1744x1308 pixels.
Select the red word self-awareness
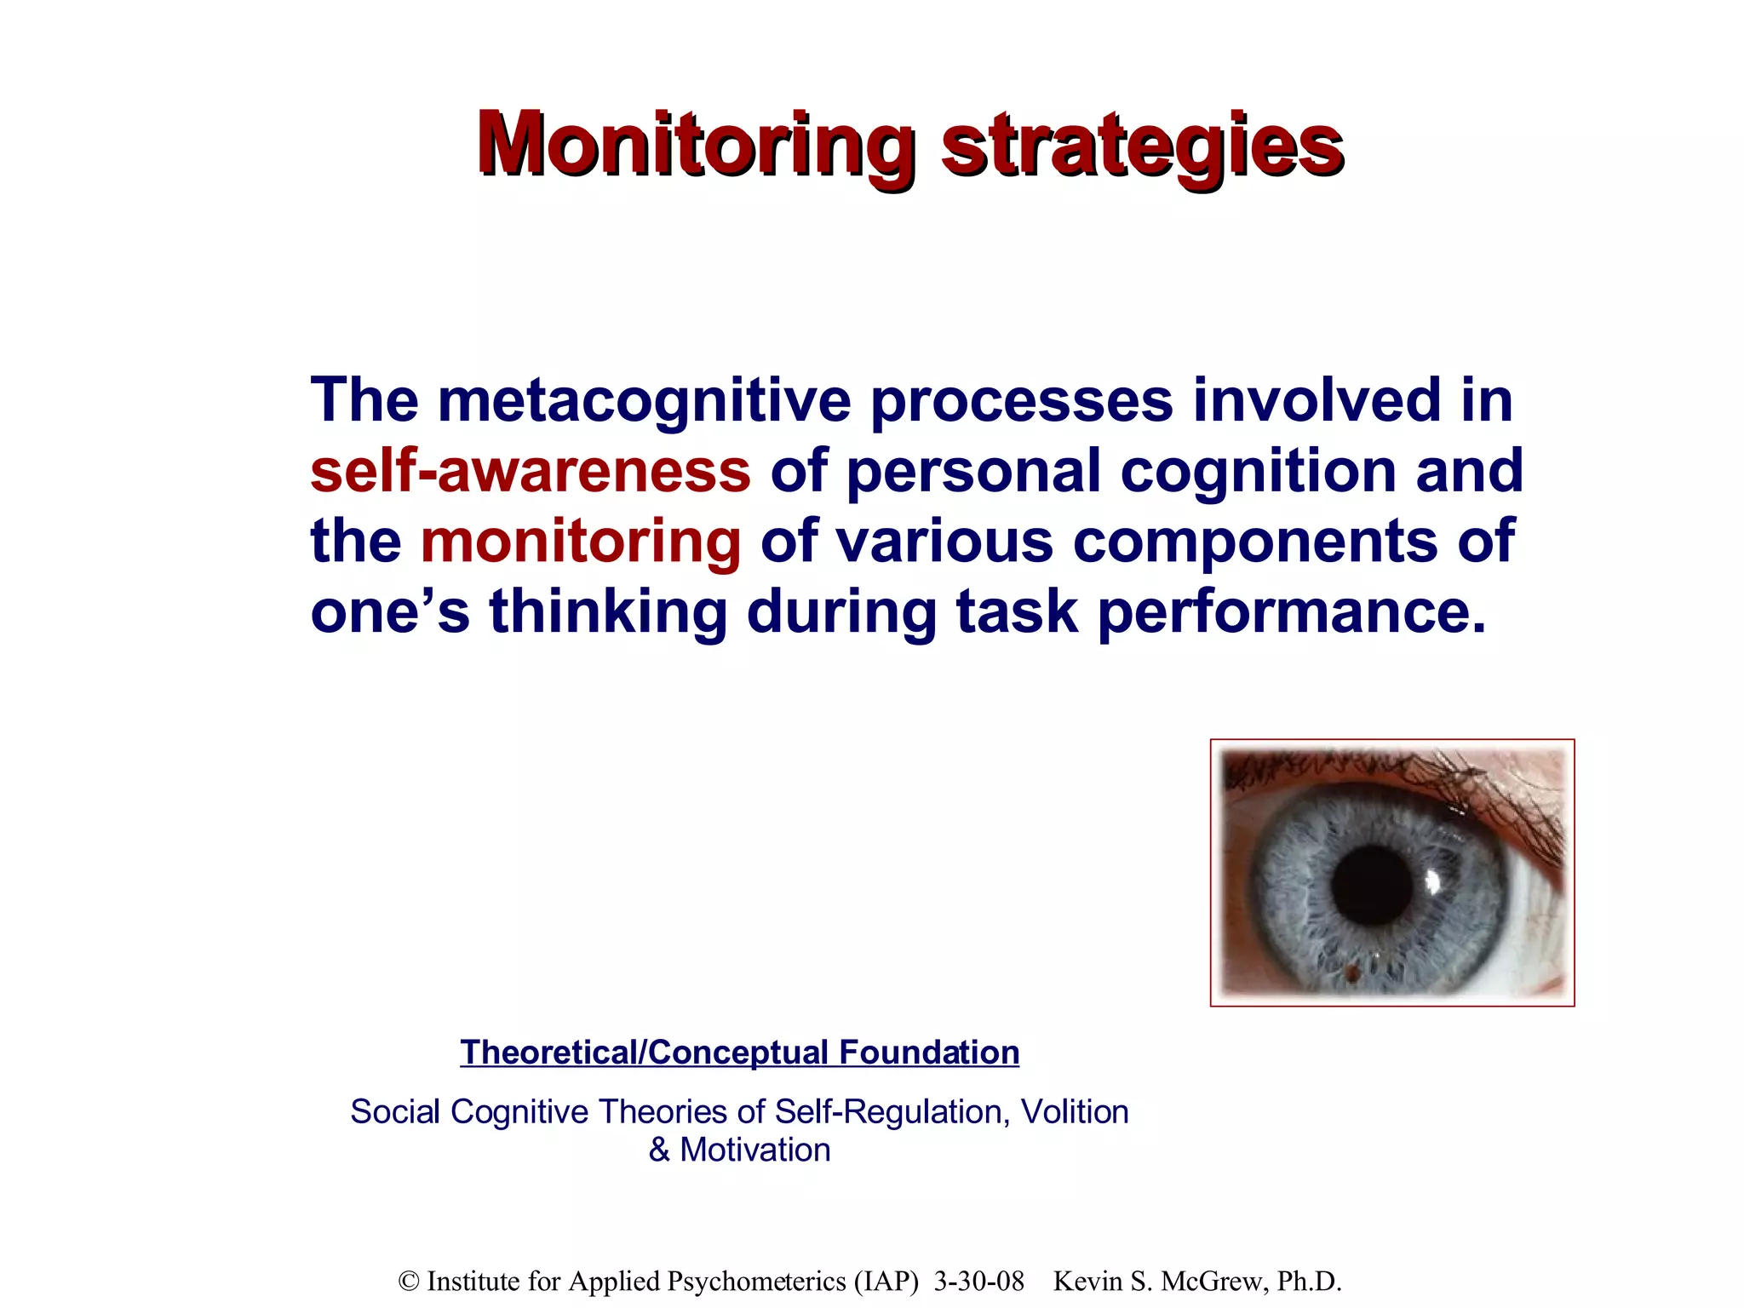[530, 471]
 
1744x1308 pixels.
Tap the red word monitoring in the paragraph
[580, 542]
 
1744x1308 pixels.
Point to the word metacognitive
[644, 400]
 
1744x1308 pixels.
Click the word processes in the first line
[1021, 400]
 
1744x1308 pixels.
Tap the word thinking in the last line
[608, 612]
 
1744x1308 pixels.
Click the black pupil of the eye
[1372, 886]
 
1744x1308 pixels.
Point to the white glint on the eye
[1433, 881]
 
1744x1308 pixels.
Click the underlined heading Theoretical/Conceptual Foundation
[739, 1053]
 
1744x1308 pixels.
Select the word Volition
[1074, 1112]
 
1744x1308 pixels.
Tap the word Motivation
[754, 1150]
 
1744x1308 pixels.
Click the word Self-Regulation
[892, 1112]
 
